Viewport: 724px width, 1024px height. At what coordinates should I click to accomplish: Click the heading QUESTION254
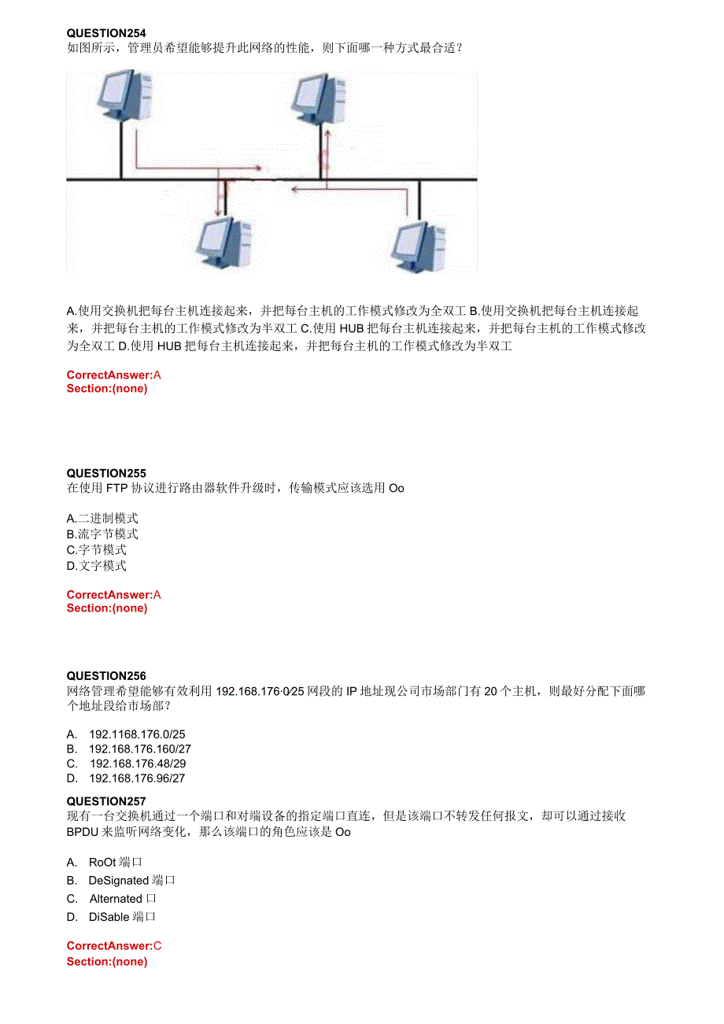click(x=106, y=33)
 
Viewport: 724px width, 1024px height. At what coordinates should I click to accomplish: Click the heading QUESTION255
click(x=106, y=473)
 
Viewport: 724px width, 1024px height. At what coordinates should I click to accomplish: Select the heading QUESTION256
click(x=106, y=676)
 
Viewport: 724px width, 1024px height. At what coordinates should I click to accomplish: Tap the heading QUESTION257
click(x=106, y=801)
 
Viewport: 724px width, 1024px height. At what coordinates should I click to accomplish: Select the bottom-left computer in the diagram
click(x=223, y=242)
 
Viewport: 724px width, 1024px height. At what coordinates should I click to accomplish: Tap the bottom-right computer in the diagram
click(x=419, y=244)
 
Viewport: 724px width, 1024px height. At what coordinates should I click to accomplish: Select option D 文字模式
click(x=97, y=565)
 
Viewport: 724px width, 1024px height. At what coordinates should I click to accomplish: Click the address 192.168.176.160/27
click(x=140, y=749)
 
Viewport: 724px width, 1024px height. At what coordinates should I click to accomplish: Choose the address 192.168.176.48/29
click(x=138, y=763)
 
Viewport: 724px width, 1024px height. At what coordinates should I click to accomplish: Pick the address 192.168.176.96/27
click(x=137, y=778)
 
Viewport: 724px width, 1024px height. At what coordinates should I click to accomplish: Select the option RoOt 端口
click(x=115, y=862)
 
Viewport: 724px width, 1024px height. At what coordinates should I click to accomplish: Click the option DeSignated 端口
click(x=131, y=880)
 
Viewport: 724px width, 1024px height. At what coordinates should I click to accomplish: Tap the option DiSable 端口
click(x=122, y=916)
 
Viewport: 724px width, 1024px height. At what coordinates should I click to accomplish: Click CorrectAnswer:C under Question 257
click(x=114, y=946)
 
